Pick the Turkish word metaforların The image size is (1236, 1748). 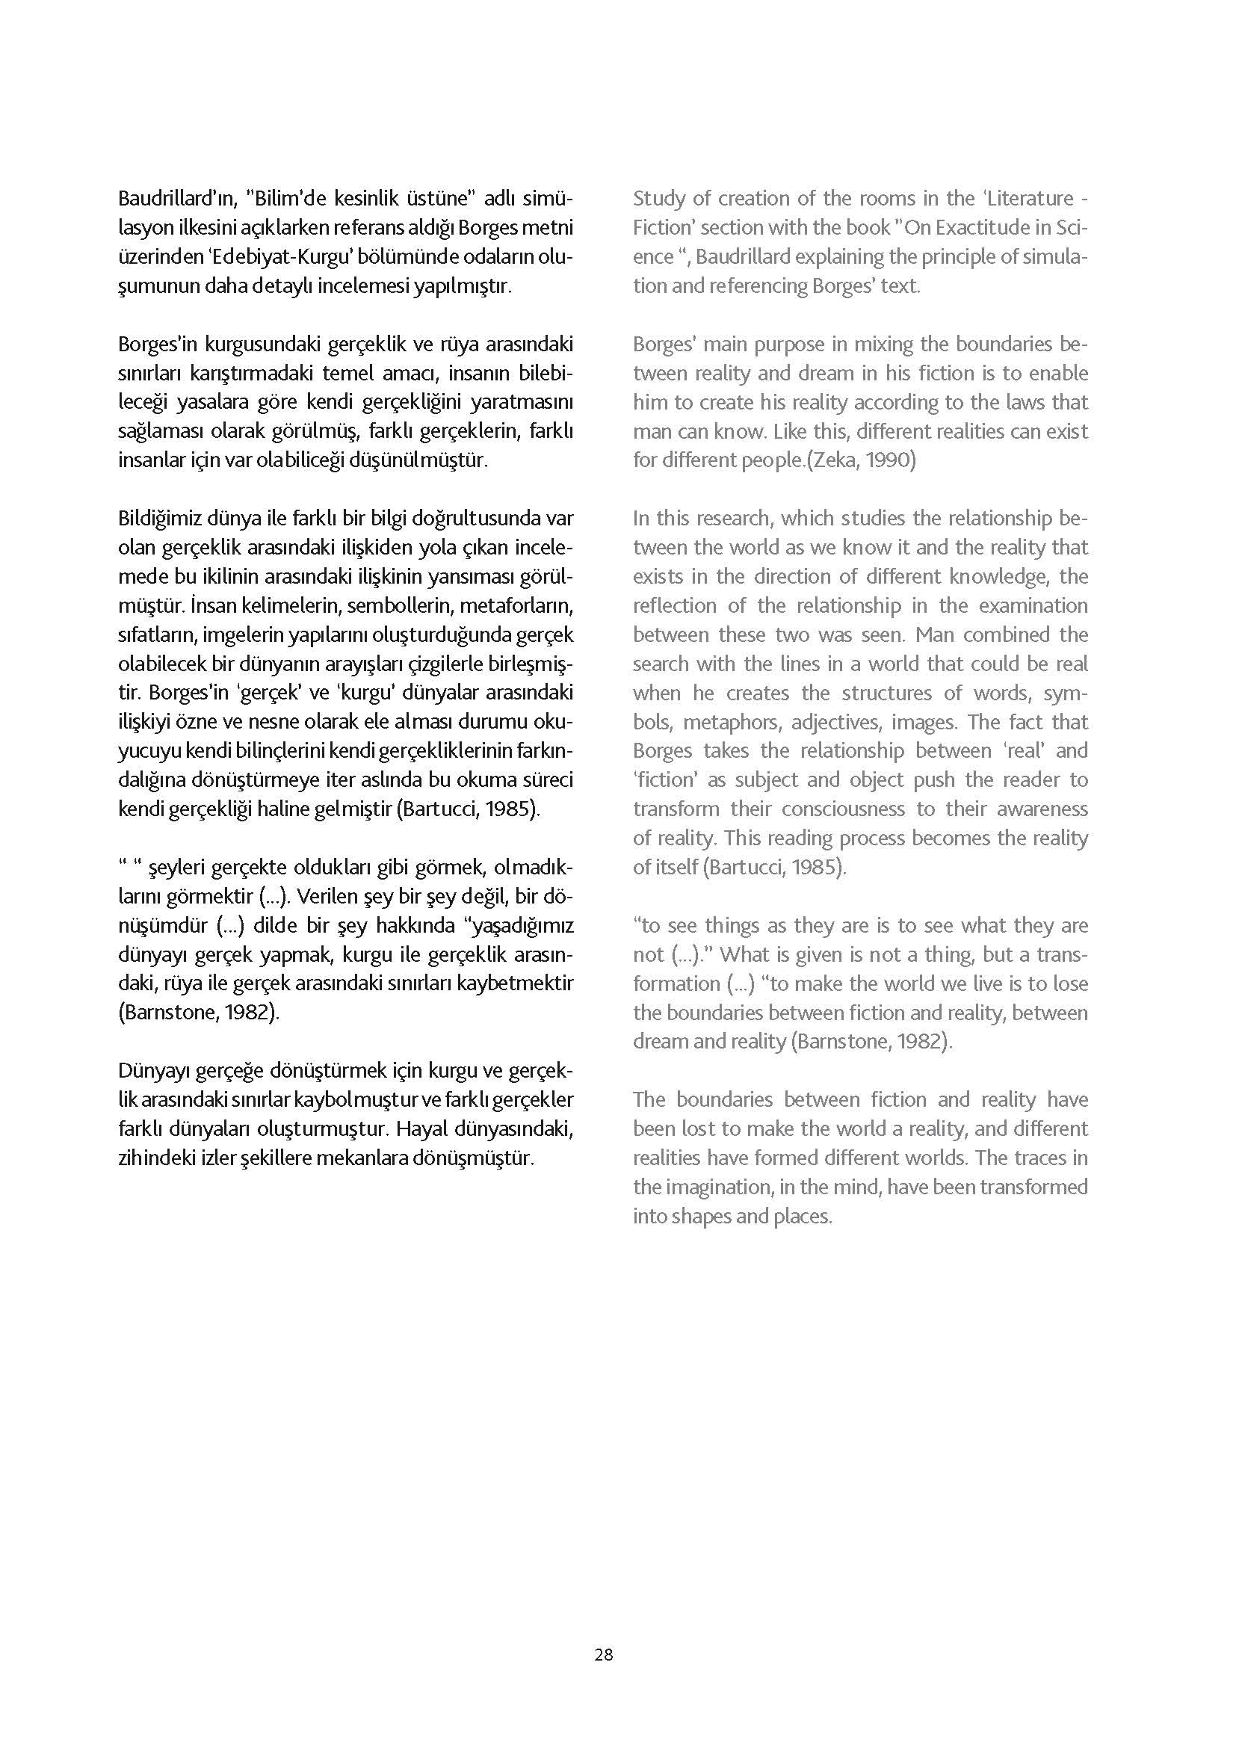click(x=516, y=606)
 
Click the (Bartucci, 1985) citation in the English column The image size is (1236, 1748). click(x=774, y=867)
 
